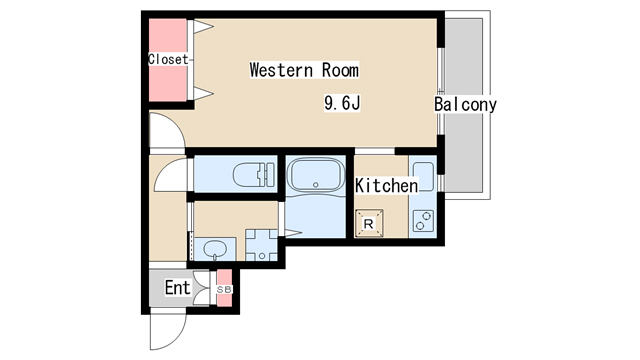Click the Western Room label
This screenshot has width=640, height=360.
click(304, 70)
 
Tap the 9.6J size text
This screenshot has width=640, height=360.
click(342, 103)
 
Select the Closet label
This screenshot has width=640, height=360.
click(168, 59)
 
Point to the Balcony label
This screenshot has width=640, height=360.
click(465, 104)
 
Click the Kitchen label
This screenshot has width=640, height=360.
click(386, 186)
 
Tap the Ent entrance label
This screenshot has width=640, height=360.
click(178, 288)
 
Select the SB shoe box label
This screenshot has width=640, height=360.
click(224, 289)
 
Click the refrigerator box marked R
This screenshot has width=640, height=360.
click(369, 223)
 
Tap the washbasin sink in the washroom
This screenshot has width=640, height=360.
click(215, 248)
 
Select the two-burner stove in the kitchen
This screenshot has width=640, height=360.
click(423, 221)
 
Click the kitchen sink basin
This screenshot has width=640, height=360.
click(424, 176)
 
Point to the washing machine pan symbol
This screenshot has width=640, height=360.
click(261, 245)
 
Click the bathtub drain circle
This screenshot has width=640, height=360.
click(316, 185)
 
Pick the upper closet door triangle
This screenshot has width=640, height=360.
click(203, 27)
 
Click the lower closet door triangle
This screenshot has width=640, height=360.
click(203, 93)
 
